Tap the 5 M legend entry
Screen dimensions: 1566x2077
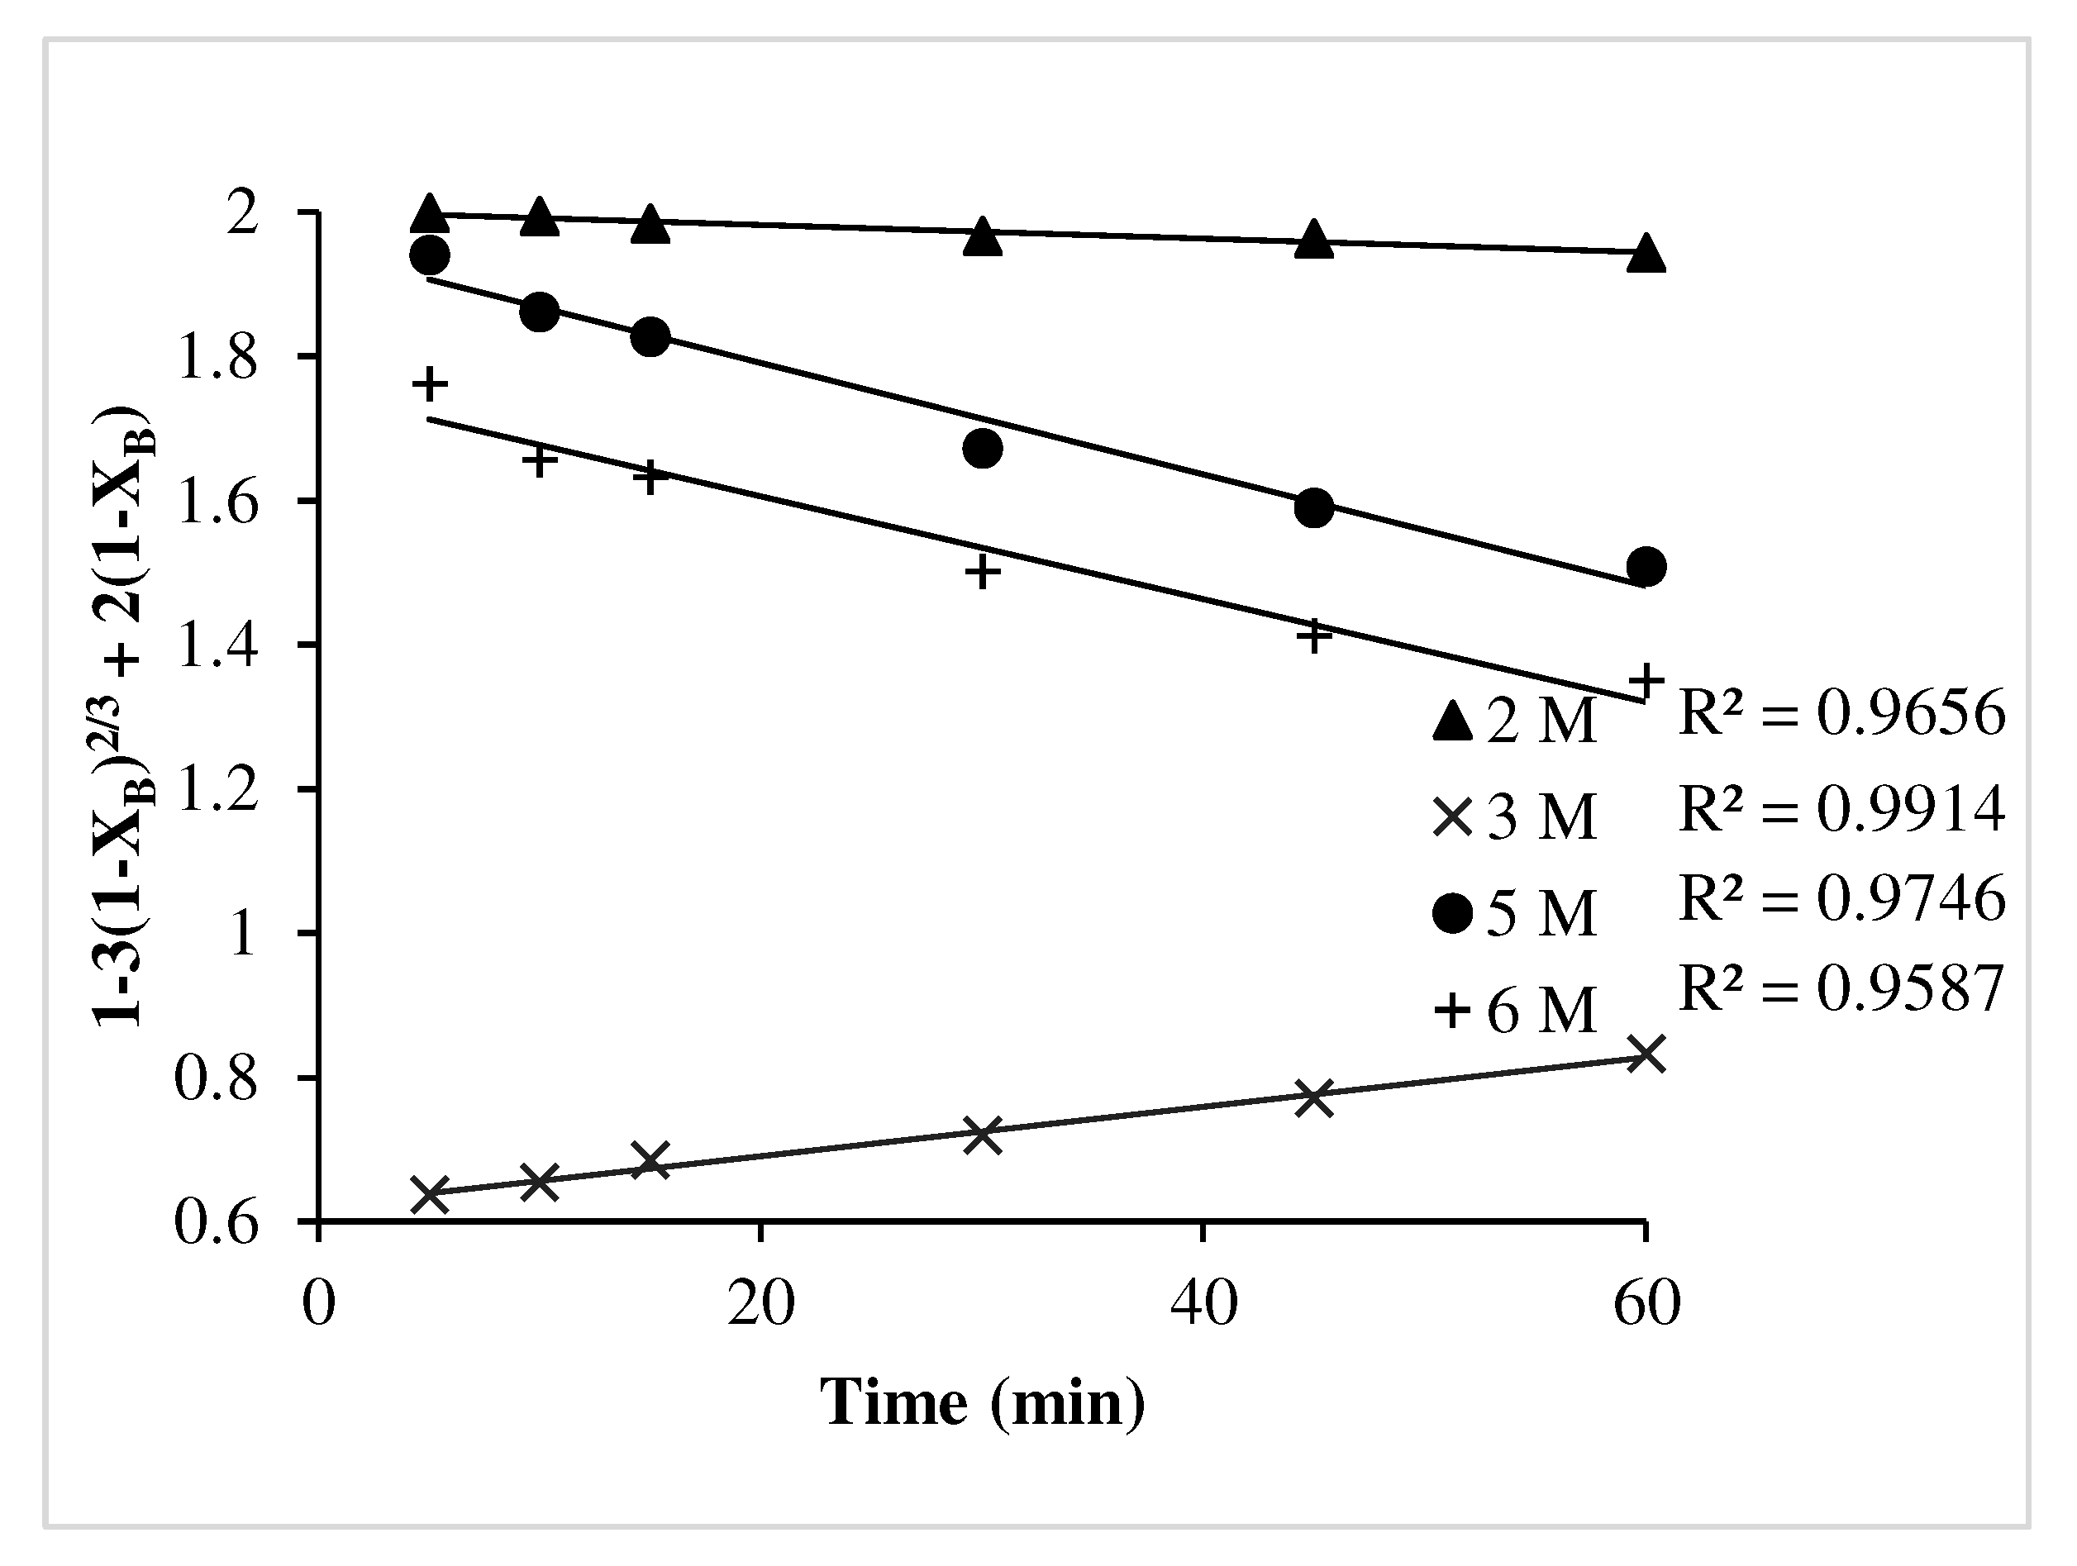click(1513, 912)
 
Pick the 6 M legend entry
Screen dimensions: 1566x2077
click(1513, 1010)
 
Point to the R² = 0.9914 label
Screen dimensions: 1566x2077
click(1841, 807)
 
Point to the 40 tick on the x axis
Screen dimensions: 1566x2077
click(1203, 1305)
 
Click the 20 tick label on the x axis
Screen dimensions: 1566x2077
click(761, 1305)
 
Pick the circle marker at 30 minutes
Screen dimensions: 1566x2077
click(982, 449)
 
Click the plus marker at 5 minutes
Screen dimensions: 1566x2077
click(430, 383)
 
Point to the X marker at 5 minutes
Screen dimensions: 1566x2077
click(430, 1195)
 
